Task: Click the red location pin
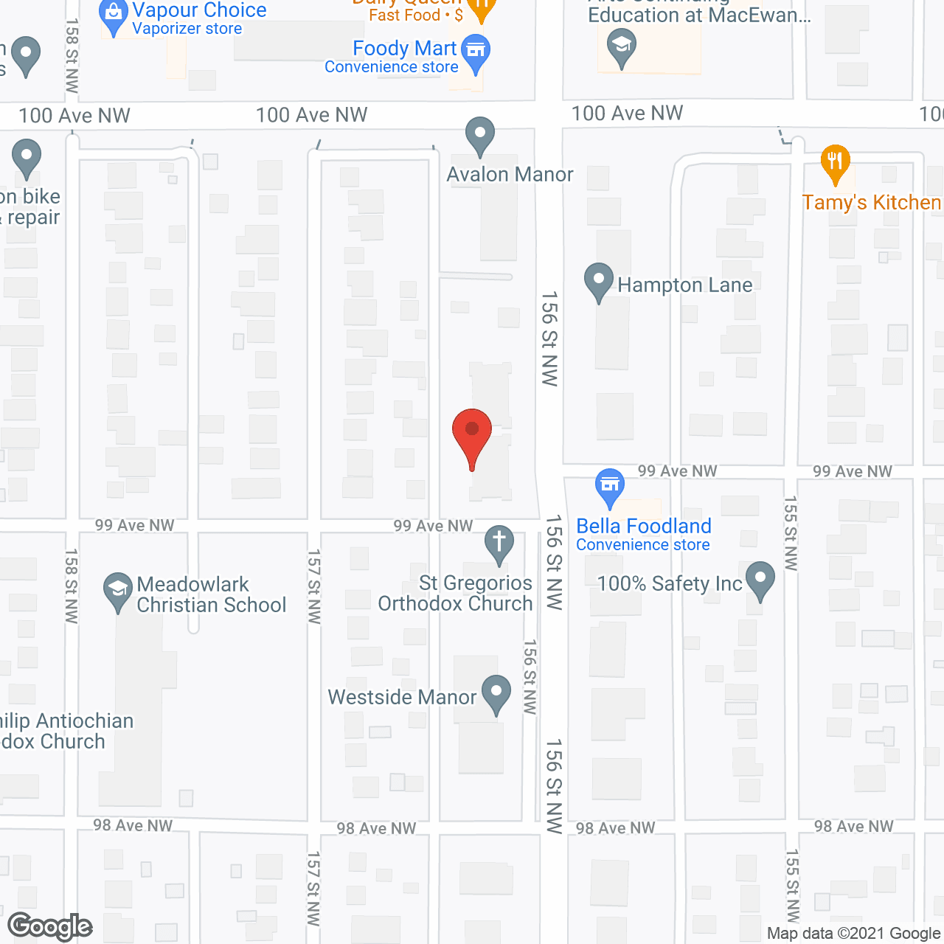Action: pyautogui.click(x=471, y=435)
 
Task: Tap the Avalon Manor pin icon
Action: pyautogui.click(x=480, y=136)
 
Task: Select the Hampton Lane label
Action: pyautogui.click(x=684, y=285)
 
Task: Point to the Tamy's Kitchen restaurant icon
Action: pyautogui.click(x=835, y=163)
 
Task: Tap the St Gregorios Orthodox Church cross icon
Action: pyautogui.click(x=499, y=544)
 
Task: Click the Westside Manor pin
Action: pyautogui.click(x=496, y=693)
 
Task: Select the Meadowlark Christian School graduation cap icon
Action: pyautogui.click(x=117, y=591)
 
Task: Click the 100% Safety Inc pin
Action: pyautogui.click(x=760, y=580)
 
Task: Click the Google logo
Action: pyautogui.click(x=50, y=926)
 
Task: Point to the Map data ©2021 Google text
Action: pyautogui.click(x=853, y=934)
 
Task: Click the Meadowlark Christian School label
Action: pyautogui.click(x=211, y=594)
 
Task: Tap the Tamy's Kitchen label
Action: pyautogui.click(x=872, y=203)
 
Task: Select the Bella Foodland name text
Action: pyautogui.click(x=644, y=526)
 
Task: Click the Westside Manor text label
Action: pyautogui.click(x=402, y=697)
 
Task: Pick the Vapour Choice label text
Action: pyautogui.click(x=199, y=10)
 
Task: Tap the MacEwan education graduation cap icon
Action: pyautogui.click(x=622, y=47)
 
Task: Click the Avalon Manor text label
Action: pyautogui.click(x=510, y=175)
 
